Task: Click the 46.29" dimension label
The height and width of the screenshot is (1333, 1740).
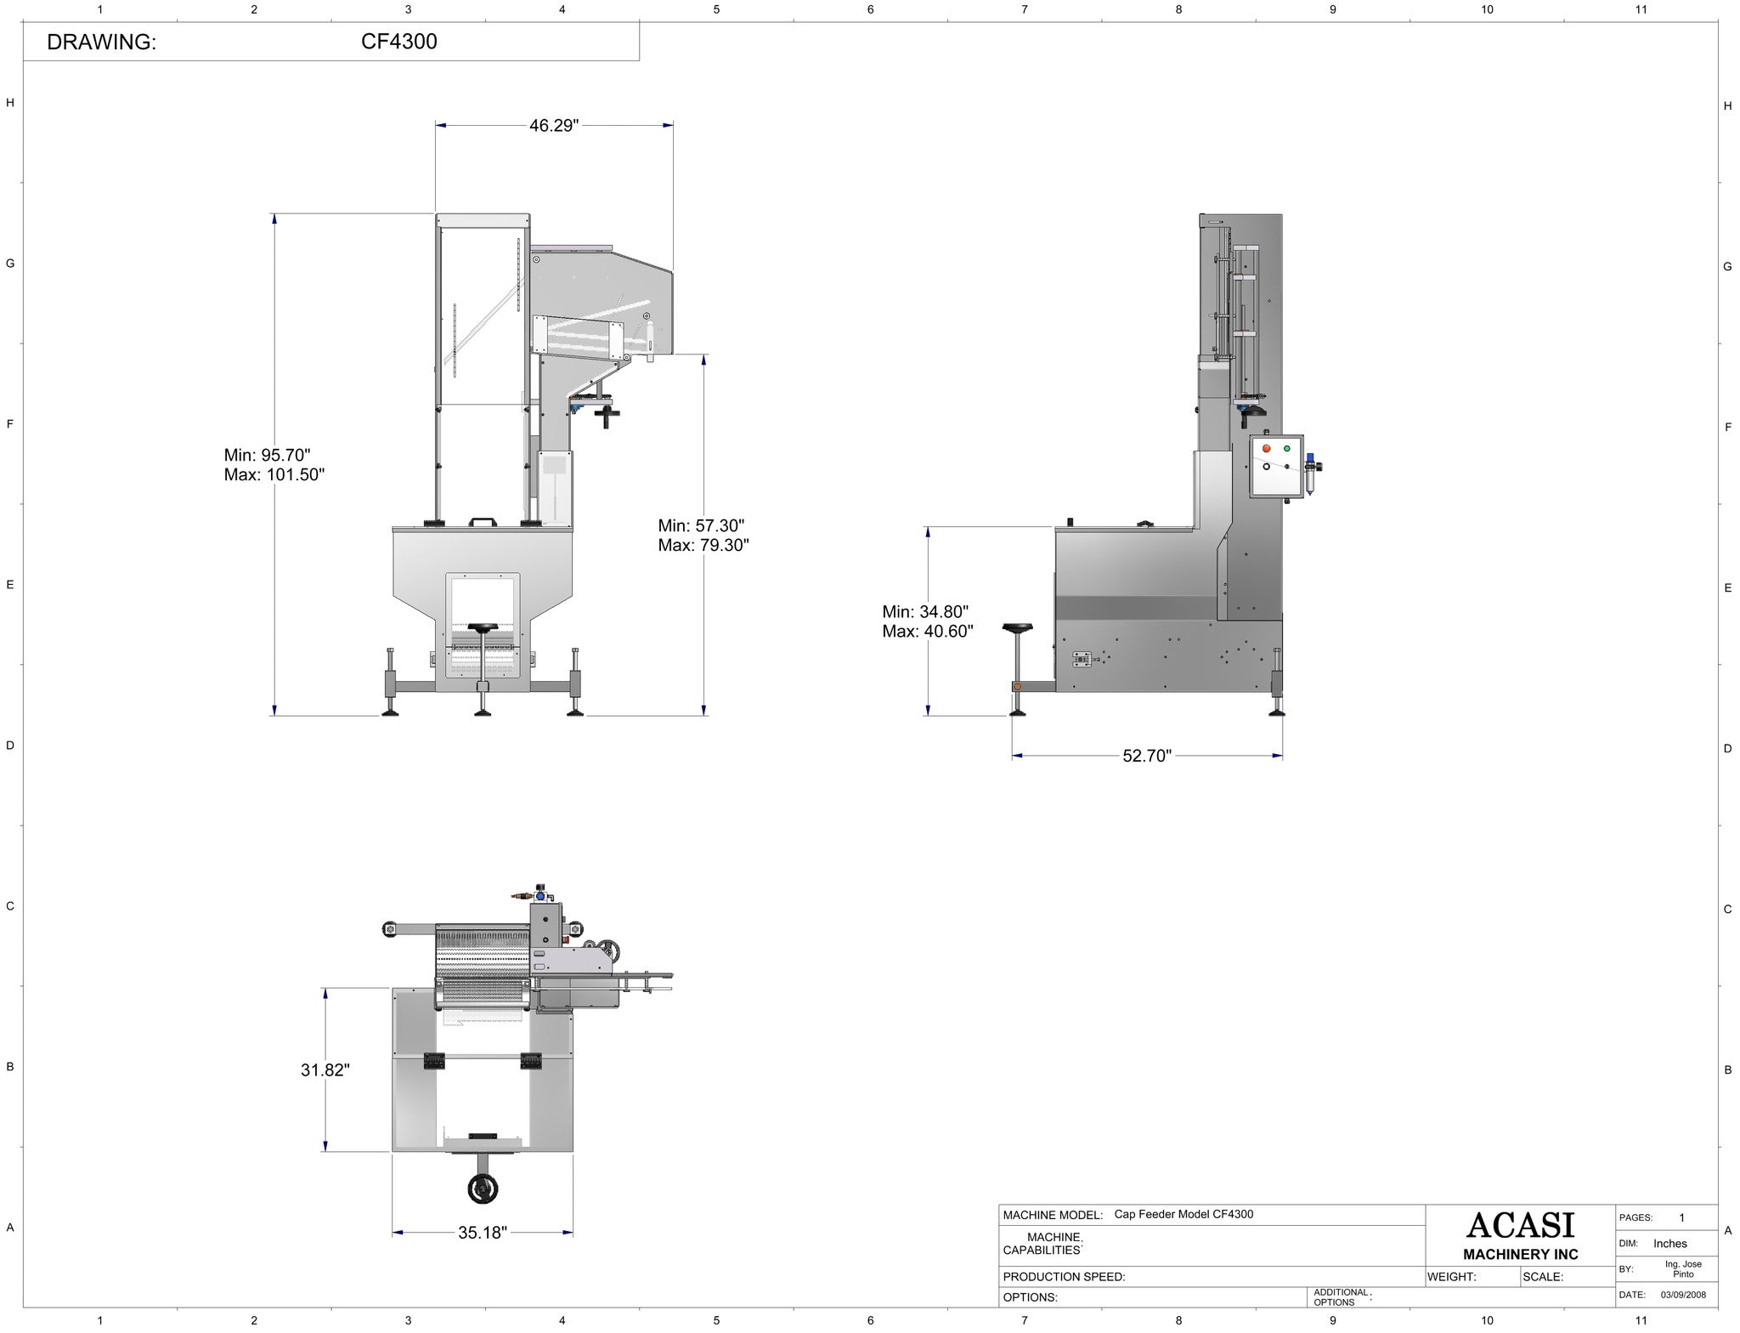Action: [554, 126]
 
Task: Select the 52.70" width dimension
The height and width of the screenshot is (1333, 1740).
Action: [1146, 756]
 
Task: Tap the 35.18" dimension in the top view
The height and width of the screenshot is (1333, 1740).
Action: [483, 1232]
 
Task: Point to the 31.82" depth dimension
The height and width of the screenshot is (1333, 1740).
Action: [325, 1069]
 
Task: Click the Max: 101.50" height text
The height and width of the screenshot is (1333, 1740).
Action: [274, 474]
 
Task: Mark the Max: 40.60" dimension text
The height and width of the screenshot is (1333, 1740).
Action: [928, 632]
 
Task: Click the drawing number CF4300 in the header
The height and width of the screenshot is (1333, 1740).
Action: [399, 42]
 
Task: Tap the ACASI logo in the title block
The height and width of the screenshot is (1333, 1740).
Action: [1520, 1225]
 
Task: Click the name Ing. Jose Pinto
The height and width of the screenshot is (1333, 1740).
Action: [1682, 1269]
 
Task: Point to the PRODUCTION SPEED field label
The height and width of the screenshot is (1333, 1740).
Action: [1064, 1276]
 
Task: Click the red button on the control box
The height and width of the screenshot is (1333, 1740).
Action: [1267, 448]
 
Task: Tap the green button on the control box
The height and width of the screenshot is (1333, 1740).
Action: [1286, 448]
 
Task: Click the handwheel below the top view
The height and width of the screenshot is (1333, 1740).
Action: [483, 1189]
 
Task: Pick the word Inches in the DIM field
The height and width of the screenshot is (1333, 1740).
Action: [1669, 1244]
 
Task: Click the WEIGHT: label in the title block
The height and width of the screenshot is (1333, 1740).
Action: [1452, 1276]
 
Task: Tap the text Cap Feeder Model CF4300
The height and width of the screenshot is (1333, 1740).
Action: [1184, 1214]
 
